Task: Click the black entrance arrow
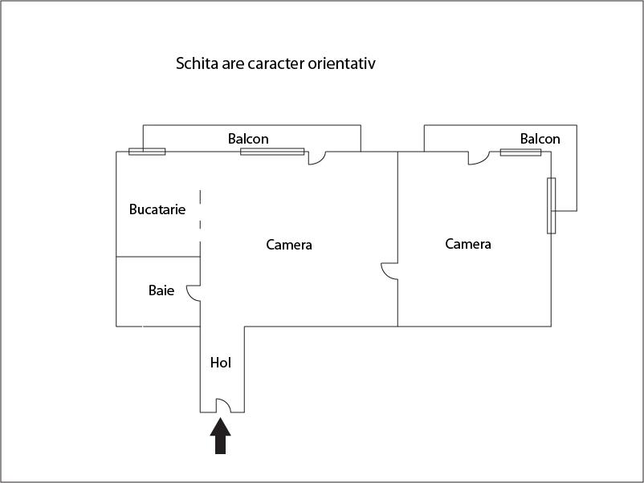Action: [x=221, y=436]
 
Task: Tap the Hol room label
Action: [x=221, y=363]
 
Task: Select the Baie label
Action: [x=161, y=290]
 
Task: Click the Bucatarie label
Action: [x=157, y=209]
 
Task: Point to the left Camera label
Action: [x=289, y=245]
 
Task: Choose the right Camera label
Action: [x=468, y=244]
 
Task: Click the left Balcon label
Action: [x=248, y=139]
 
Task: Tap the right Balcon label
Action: [x=540, y=139]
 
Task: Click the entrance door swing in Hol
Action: [x=223, y=405]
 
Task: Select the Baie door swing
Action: [x=194, y=294]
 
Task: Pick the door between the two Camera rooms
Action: [x=389, y=271]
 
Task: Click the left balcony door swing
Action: [x=317, y=158]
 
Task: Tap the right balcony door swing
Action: [x=479, y=158]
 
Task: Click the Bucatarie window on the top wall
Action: [x=147, y=152]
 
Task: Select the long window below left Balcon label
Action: [x=272, y=152]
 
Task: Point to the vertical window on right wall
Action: [x=551, y=205]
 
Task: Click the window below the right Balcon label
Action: [x=521, y=152]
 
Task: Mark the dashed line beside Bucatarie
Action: [x=201, y=223]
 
